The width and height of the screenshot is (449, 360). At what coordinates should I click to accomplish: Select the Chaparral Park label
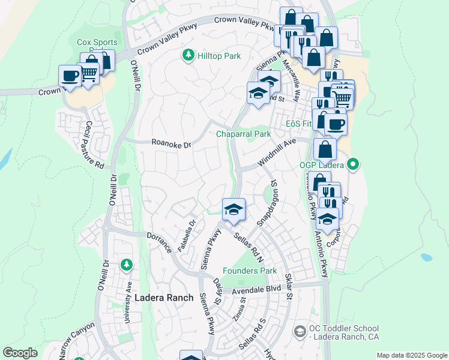coord(243,134)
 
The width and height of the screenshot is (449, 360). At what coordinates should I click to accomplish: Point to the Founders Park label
coord(250,271)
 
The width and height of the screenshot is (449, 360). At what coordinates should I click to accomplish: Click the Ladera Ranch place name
coord(164,298)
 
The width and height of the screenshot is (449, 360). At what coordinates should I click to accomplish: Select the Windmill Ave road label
coord(277,153)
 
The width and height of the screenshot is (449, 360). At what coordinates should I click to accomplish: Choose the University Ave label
coord(128,304)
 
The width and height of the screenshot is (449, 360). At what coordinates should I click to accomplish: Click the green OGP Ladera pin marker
coord(353,163)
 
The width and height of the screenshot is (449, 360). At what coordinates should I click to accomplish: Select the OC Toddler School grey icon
coord(300,331)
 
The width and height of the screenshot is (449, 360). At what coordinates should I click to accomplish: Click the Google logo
coord(20,353)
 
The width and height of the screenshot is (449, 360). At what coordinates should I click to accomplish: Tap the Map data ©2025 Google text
coord(412,355)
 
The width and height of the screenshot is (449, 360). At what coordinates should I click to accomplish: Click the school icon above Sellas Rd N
coord(233,209)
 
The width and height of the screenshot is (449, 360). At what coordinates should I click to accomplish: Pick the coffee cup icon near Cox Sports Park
coord(70,76)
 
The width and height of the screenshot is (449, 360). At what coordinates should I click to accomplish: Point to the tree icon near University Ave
coord(127,264)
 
